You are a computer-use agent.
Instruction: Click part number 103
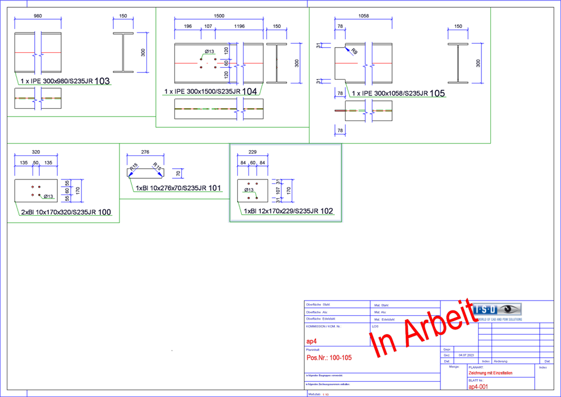(102, 81)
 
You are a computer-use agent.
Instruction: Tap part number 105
(438, 93)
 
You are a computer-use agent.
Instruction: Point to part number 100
(104, 213)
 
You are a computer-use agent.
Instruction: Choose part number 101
(215, 188)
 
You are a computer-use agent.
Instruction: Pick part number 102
(327, 211)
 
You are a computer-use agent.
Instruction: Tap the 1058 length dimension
(364, 16)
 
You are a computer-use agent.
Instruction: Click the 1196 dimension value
(239, 26)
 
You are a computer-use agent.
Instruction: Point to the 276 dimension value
(145, 152)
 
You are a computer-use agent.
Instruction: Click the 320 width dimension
(36, 152)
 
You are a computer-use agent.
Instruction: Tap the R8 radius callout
(354, 51)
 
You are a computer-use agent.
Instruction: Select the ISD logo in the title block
(497, 310)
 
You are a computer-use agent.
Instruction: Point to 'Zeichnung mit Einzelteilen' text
(490, 373)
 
